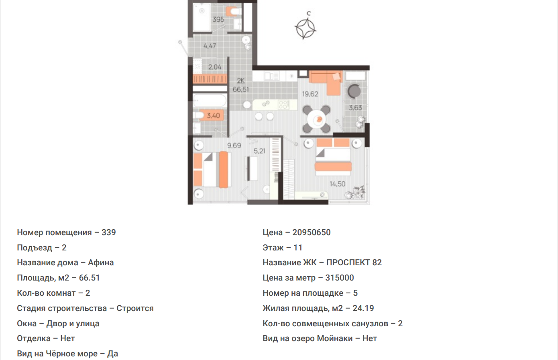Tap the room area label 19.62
click(310, 94)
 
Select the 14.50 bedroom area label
click(338, 184)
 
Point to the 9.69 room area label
click(234, 145)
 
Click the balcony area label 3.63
click(355, 108)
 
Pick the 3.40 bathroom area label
click(214, 116)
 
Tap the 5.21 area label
click(260, 151)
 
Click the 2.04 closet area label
click(215, 67)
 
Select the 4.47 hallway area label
click(210, 46)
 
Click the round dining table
click(316, 119)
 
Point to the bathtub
click(210, 101)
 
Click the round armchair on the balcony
click(354, 92)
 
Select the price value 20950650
click(312, 232)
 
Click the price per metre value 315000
click(340, 278)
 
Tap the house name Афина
click(101, 262)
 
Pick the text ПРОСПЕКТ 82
click(354, 262)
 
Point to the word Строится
click(135, 309)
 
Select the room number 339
click(109, 232)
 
